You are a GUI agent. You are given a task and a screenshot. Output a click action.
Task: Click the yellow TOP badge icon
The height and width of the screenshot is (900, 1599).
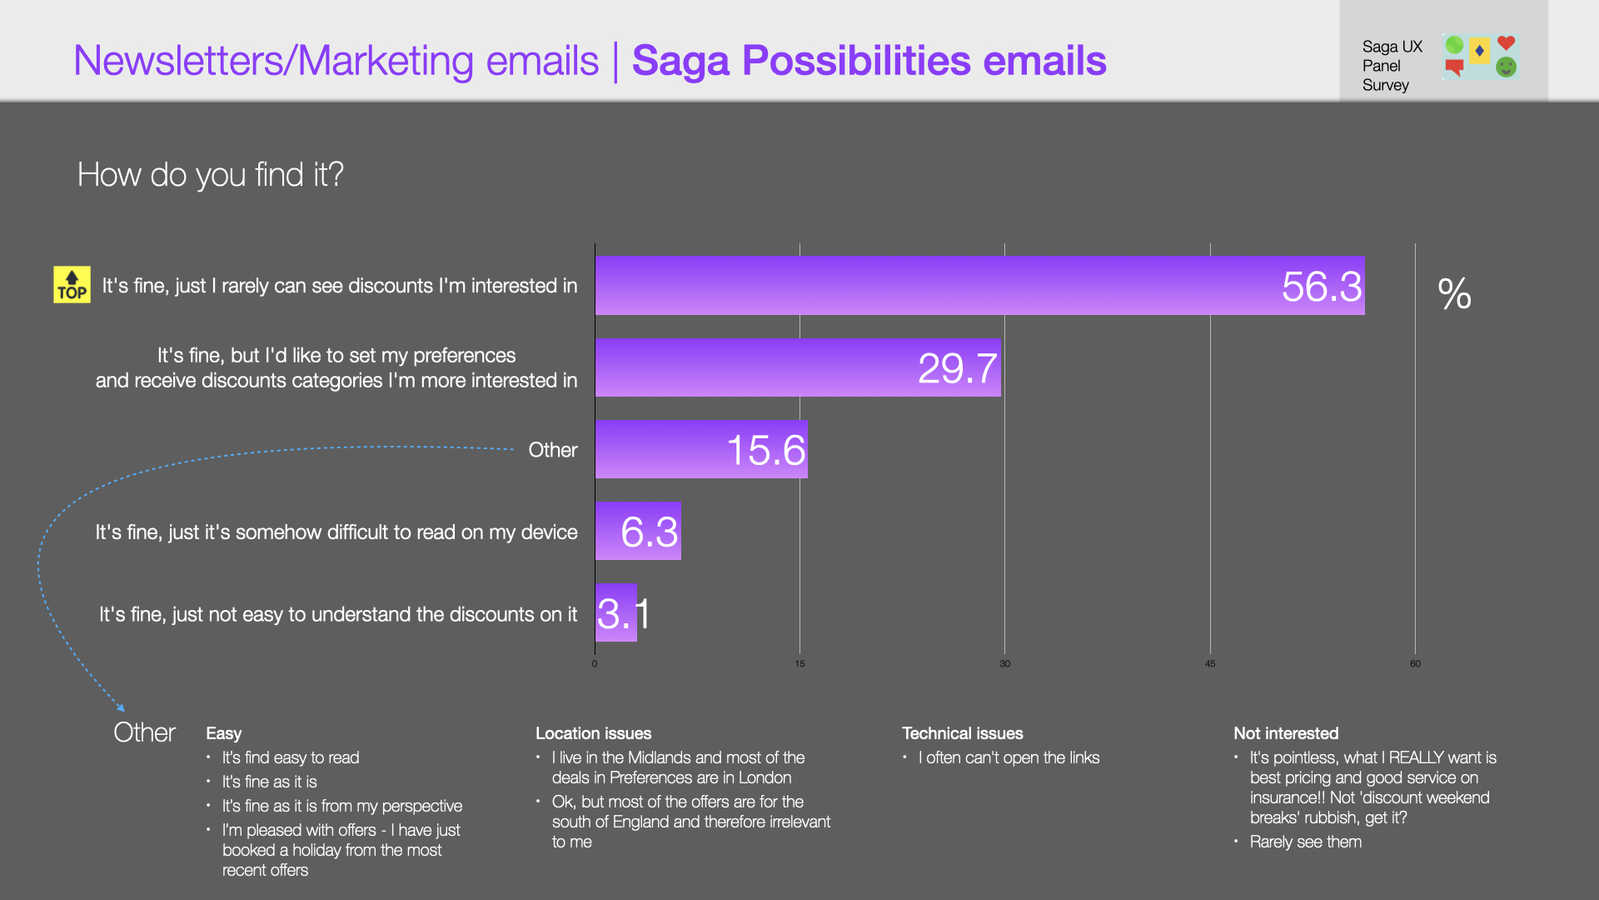[72, 285]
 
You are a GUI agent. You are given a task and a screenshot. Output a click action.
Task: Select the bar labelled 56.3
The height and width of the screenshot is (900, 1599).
[979, 285]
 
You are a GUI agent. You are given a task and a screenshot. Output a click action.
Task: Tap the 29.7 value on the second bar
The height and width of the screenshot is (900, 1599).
[957, 368]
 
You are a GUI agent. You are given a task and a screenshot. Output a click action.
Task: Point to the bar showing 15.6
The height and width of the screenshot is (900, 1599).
[700, 449]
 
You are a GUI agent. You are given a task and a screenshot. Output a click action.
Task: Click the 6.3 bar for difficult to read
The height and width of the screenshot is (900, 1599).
[638, 531]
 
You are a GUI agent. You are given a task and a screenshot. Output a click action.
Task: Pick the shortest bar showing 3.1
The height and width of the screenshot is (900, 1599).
[615, 612]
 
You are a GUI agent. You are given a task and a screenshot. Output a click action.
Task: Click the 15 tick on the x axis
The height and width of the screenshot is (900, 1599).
[799, 664]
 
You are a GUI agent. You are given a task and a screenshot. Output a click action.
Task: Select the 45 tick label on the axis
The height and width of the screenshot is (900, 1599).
[1210, 664]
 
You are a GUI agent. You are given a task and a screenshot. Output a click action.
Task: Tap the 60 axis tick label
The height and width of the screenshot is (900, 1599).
[1415, 664]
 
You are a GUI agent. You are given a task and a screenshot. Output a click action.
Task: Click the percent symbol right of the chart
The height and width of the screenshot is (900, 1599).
[1454, 294]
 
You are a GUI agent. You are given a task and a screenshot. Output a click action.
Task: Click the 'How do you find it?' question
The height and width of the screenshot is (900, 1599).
[211, 175]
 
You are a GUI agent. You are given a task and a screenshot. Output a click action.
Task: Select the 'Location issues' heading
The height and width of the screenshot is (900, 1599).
[593, 733]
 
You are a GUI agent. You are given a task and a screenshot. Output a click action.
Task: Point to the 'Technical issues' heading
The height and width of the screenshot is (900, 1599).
[962, 733]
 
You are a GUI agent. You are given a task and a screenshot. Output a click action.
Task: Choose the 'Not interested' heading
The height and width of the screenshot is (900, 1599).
[1286, 733]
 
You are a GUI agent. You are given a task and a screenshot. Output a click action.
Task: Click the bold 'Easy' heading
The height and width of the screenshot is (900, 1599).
[223, 733]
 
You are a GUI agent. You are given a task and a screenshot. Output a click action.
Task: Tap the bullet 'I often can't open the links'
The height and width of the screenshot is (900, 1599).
[1009, 757]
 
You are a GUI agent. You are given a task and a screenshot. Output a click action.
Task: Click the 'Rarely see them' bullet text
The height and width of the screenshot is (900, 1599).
[1305, 842]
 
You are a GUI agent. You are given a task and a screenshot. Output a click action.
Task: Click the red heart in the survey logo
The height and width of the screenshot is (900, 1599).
[1506, 42]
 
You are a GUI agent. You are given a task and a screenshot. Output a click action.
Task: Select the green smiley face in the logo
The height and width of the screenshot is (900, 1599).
[1506, 67]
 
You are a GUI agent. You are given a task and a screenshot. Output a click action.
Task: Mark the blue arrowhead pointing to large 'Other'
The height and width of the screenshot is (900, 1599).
[121, 708]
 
